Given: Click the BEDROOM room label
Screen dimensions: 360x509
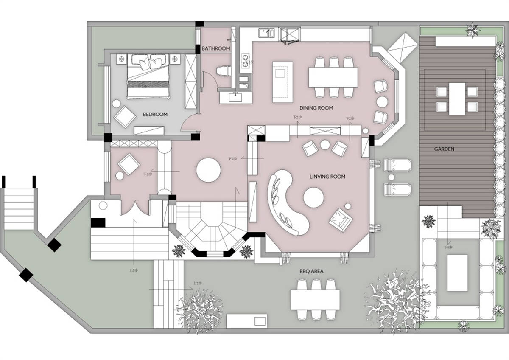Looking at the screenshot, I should [155, 114].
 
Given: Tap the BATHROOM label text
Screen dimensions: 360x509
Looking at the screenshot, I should [215, 48].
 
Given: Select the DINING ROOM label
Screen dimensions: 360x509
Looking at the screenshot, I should [316, 108].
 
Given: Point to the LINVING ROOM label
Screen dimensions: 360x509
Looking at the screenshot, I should [327, 176].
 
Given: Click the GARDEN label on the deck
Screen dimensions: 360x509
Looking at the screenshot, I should [444, 149].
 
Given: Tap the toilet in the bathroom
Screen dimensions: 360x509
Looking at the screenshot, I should [223, 70].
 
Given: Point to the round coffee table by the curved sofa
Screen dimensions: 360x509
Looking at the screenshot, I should [314, 198].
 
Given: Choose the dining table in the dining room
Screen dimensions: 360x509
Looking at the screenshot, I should [333, 77].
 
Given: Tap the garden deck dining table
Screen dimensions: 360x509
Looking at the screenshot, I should [457, 98].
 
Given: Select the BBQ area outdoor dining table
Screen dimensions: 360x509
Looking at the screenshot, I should [315, 300].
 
